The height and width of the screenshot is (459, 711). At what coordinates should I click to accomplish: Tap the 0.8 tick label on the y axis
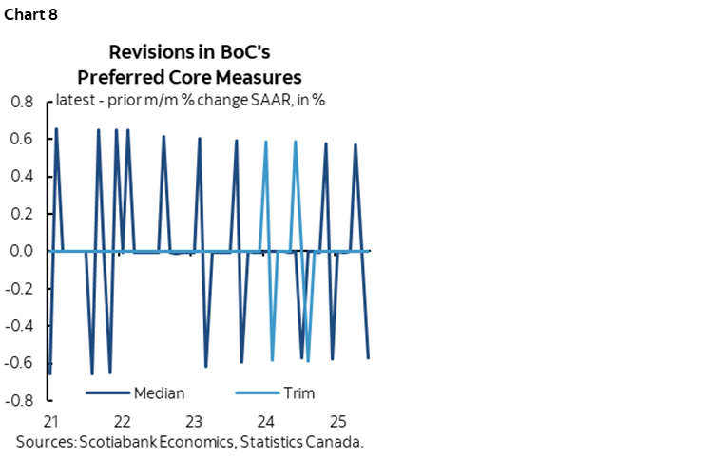[x=21, y=102]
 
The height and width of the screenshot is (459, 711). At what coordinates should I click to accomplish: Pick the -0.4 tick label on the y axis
[x=18, y=326]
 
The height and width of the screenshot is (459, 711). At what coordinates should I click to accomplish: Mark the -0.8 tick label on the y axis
[x=18, y=401]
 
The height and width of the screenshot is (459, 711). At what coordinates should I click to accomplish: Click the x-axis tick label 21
[x=50, y=421]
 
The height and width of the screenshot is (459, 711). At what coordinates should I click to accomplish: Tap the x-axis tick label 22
[x=122, y=421]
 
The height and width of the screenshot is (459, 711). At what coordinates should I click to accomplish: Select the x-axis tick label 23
[x=194, y=421]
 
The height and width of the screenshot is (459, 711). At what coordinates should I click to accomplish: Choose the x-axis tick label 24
[x=266, y=421]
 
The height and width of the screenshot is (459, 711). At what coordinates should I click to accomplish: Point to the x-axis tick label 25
[x=337, y=421]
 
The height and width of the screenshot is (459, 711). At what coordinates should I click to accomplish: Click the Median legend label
[x=160, y=393]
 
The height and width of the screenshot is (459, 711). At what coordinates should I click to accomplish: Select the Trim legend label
[x=298, y=393]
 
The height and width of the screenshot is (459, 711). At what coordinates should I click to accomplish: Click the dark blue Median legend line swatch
[x=107, y=393]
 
